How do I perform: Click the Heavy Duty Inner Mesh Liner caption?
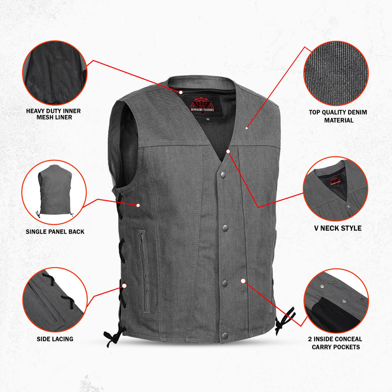(54, 114)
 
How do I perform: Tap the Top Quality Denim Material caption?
(338, 116)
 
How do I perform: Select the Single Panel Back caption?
(55, 232)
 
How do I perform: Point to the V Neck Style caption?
(337, 228)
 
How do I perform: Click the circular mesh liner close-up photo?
(54, 73)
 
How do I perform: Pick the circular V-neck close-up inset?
(336, 189)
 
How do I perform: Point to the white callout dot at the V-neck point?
(228, 151)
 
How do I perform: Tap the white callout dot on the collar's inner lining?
(181, 92)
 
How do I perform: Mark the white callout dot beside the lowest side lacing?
(124, 286)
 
